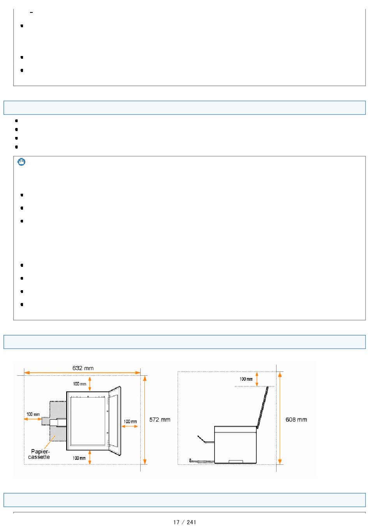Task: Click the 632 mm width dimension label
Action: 83,368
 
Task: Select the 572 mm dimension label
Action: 160,419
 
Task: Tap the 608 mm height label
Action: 296,419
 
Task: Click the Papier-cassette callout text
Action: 39,454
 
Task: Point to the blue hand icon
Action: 21,162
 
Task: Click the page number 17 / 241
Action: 185,522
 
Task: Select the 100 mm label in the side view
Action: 246,379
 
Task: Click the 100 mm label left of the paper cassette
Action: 33,414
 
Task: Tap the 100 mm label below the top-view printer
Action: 79,458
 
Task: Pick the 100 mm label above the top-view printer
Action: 79,384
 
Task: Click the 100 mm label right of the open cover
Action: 130,422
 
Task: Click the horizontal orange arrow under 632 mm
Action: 82,373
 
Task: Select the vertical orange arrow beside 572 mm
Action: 145,420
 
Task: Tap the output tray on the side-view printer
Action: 205,440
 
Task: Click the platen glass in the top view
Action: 88,421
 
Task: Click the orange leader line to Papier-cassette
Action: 49,442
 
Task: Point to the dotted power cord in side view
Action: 201,461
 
